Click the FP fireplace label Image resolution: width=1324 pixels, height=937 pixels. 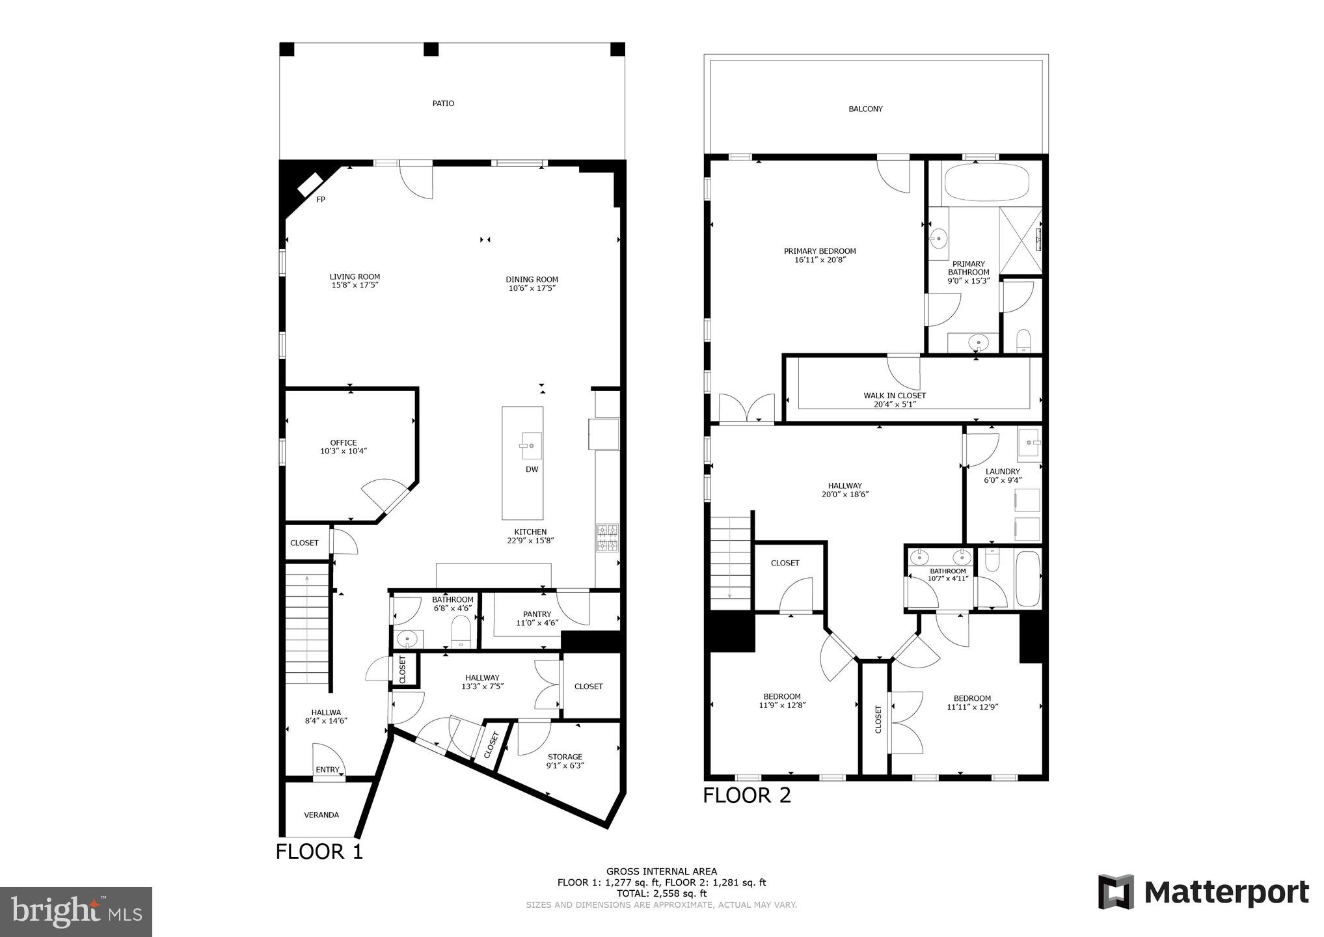pyautogui.click(x=321, y=200)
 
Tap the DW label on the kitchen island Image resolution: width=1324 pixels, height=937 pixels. pyautogui.click(x=532, y=469)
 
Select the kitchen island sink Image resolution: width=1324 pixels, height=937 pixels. pyautogui.click(x=531, y=446)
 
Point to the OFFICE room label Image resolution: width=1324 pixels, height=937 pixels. pyautogui.click(x=343, y=442)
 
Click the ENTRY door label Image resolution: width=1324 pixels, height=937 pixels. pyautogui.click(x=327, y=770)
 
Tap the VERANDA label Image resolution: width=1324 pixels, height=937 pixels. pyautogui.click(x=321, y=815)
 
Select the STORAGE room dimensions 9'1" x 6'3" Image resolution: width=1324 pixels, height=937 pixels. pyautogui.click(x=564, y=766)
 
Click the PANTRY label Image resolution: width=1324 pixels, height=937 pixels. pyautogui.click(x=537, y=614)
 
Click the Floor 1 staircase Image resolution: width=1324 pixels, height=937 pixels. pyautogui.click(x=307, y=628)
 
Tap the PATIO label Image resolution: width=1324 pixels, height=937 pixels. pyautogui.click(x=443, y=103)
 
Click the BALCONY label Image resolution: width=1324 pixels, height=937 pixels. pyautogui.click(x=865, y=109)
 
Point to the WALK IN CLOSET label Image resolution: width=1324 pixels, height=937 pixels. pyautogui.click(x=894, y=396)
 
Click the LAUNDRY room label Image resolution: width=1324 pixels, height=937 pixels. pyautogui.click(x=1002, y=472)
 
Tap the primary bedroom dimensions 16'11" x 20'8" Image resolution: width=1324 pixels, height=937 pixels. pyautogui.click(x=819, y=260)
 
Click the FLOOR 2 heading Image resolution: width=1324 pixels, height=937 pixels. pyautogui.click(x=746, y=795)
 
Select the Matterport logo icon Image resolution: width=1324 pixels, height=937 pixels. pyautogui.click(x=1116, y=891)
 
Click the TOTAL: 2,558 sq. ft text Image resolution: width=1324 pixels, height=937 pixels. pyautogui.click(x=661, y=894)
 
